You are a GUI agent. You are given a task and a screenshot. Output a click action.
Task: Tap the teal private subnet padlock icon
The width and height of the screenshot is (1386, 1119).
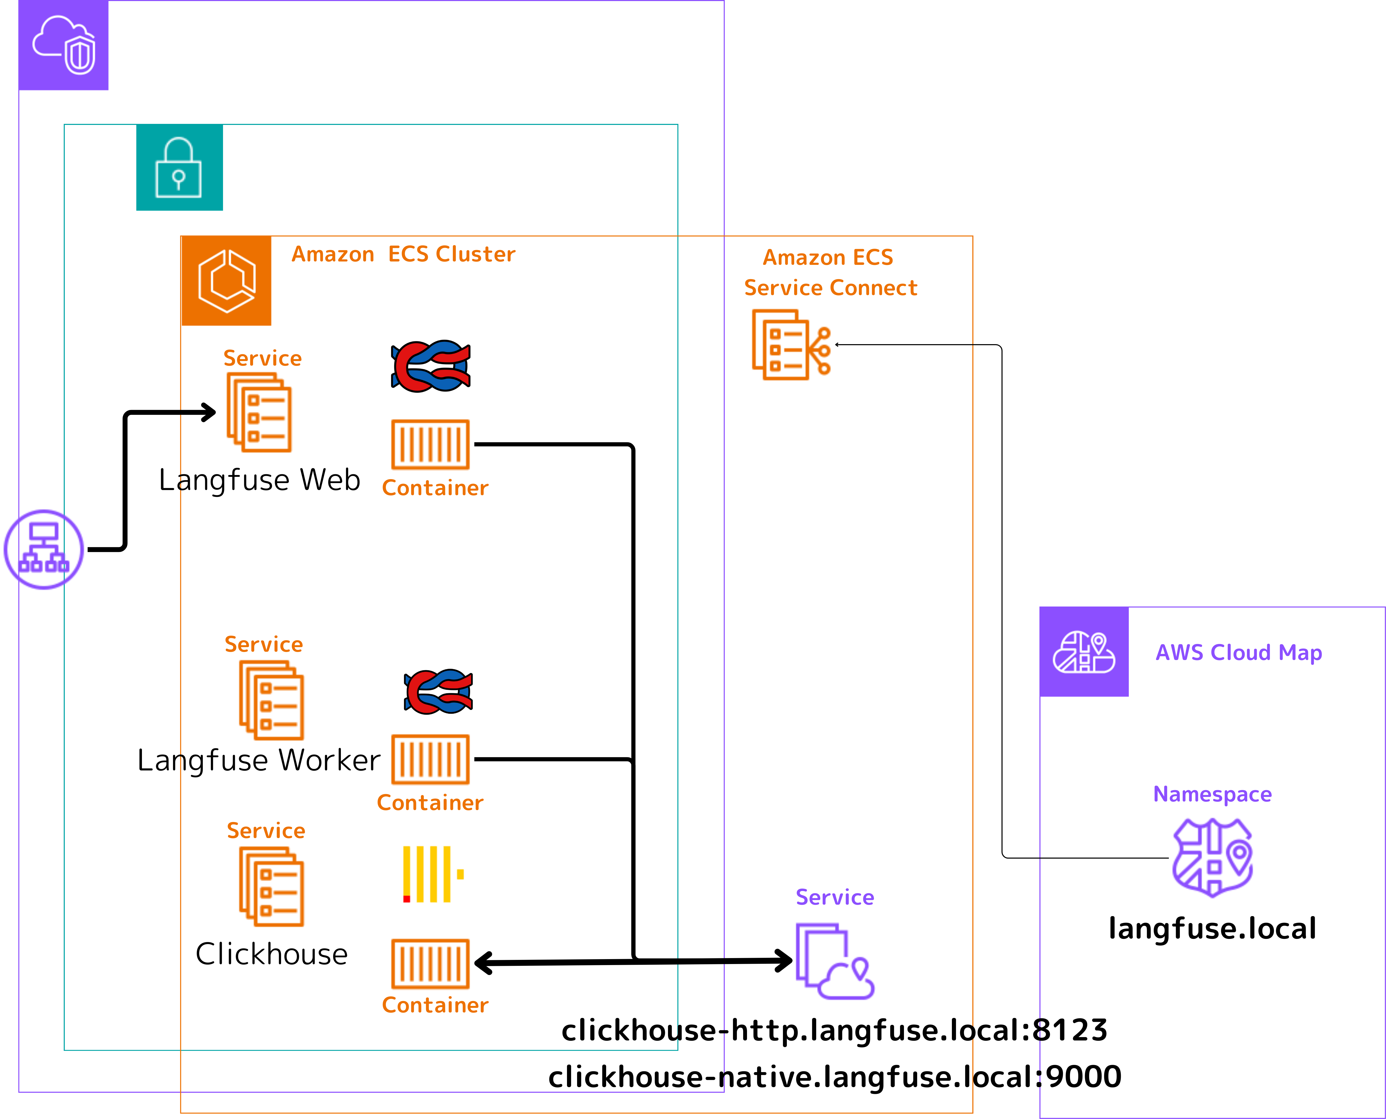tap(179, 168)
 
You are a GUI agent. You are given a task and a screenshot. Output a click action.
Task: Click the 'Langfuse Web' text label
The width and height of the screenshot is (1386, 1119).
tap(259, 480)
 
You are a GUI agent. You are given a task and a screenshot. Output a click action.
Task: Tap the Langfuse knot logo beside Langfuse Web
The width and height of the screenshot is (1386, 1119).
tap(430, 366)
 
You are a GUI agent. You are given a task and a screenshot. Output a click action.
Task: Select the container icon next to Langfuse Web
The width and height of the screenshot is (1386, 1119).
tap(430, 445)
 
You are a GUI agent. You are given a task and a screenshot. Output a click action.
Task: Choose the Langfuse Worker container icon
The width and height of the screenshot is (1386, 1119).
tap(430, 759)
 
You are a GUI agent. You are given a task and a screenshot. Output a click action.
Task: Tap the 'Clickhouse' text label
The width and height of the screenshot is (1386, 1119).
tap(271, 954)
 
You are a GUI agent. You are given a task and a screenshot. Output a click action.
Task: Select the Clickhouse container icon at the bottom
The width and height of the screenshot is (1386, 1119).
tap(430, 964)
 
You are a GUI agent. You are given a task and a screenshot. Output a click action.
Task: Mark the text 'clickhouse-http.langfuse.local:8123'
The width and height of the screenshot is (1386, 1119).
tap(835, 1030)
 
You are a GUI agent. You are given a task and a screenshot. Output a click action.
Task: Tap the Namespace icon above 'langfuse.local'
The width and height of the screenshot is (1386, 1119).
tap(1213, 857)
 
